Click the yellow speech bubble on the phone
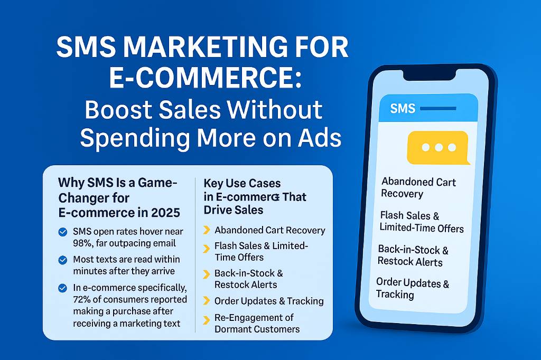pyautogui.click(x=438, y=148)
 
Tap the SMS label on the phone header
pyautogui.click(x=402, y=109)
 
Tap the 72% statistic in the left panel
pyautogui.click(x=83, y=300)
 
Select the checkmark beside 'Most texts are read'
pyautogui.click(x=63, y=260)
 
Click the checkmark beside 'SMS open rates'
pyautogui.click(x=63, y=232)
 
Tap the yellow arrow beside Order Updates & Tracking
pyautogui.click(x=207, y=301)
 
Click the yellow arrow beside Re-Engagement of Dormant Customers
pyautogui.click(x=207, y=318)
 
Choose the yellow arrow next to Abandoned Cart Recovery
pyautogui.click(x=207, y=230)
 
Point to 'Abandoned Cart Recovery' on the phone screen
pyautogui.click(x=418, y=188)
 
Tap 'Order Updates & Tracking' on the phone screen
pyautogui.click(x=412, y=288)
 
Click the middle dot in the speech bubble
pyautogui.click(x=438, y=147)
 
